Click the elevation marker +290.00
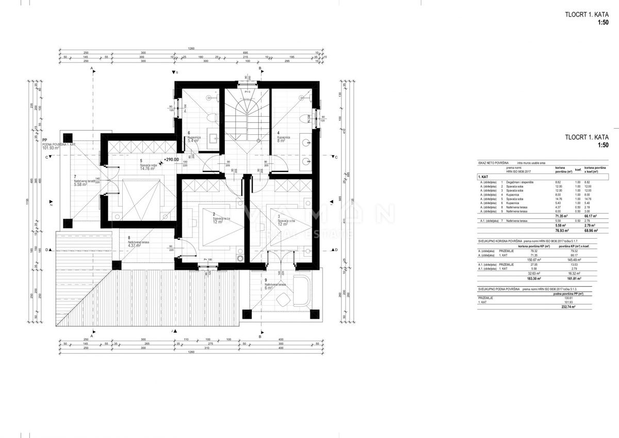(171, 160)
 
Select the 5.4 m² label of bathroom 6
(194, 140)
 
